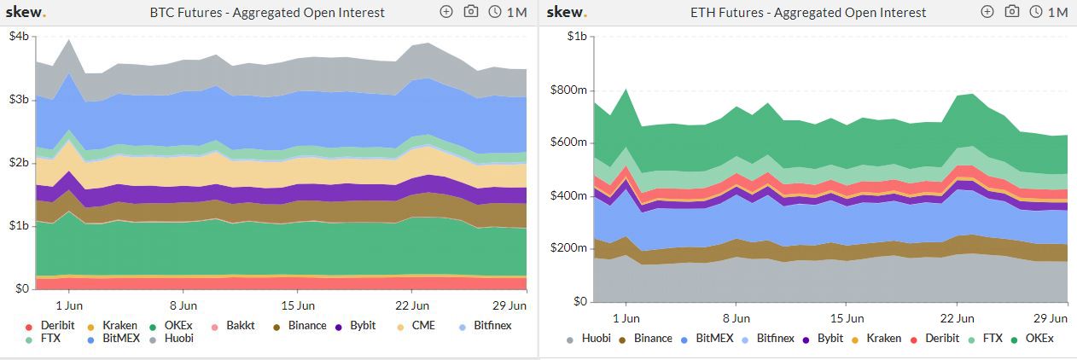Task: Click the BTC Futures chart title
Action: [267, 13]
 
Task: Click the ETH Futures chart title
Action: [807, 13]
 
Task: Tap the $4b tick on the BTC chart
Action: [19, 37]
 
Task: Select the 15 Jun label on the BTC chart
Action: [300, 305]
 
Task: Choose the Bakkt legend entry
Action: [237, 325]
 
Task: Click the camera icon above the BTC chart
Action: [471, 12]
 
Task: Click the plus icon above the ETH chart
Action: [987, 12]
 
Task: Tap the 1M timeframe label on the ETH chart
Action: [1057, 13]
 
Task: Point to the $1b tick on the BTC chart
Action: [19, 226]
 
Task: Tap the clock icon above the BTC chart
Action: [495, 12]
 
